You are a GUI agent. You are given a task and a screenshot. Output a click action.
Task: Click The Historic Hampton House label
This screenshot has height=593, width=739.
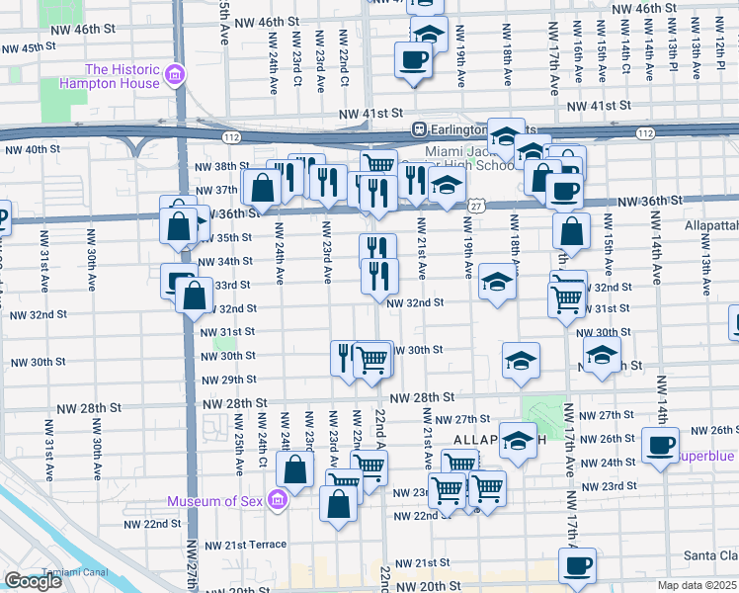[123, 76]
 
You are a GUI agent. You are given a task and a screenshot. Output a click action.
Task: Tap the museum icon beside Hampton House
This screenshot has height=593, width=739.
[176, 75]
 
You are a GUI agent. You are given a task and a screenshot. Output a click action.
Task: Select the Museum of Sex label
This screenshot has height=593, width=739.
[215, 501]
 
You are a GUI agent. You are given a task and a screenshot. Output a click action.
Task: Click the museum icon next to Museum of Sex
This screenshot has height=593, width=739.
[278, 501]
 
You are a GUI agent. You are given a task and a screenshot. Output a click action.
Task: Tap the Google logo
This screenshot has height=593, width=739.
[33, 581]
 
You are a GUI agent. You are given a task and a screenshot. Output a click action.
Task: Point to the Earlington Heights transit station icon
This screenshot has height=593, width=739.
[419, 128]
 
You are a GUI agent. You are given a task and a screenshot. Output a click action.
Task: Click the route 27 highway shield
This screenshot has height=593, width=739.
[476, 205]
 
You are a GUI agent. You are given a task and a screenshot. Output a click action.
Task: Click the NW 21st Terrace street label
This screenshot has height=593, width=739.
[245, 545]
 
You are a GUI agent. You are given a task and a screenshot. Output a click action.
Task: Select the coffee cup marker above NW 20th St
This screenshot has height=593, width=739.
[576, 566]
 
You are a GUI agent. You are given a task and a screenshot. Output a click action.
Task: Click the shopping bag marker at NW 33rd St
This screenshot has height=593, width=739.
[195, 294]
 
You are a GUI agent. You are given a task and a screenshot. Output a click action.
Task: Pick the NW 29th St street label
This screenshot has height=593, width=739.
[228, 381]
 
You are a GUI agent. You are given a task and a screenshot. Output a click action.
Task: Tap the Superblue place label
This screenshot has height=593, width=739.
[707, 456]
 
